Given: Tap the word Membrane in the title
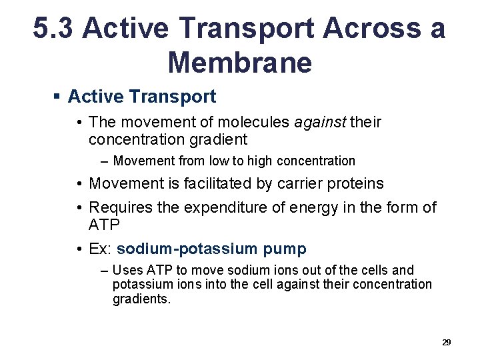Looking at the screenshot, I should click(x=239, y=62).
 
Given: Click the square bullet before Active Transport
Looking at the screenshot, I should click(x=57, y=97).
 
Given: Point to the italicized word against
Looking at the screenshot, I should click(x=320, y=122).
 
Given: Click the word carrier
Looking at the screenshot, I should click(x=299, y=183).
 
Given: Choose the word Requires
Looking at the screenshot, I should click(x=121, y=207).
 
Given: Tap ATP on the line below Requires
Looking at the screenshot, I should click(x=104, y=225).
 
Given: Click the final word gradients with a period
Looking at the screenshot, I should click(x=141, y=299).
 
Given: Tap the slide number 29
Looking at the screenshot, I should click(x=446, y=342).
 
